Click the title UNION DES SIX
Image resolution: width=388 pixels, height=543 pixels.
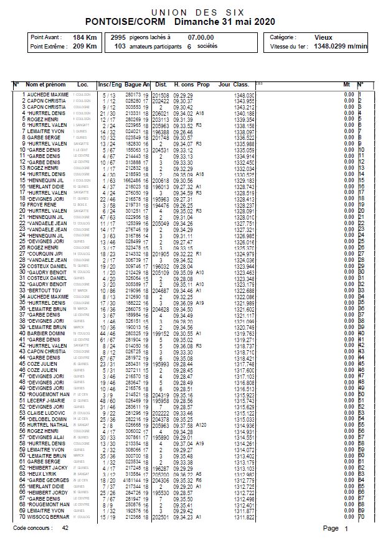tap(194, 12)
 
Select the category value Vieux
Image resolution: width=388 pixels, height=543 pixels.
tap(323, 37)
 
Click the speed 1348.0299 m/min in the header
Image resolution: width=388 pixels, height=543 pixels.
tap(341, 46)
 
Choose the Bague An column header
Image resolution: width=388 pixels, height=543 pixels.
tap(137, 84)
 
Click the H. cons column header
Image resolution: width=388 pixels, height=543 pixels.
tap(184, 84)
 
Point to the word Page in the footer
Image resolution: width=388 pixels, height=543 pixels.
tap(331, 528)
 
